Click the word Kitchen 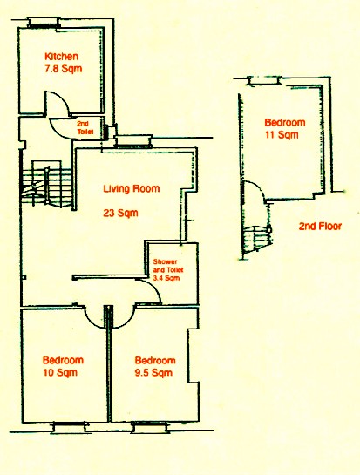62,57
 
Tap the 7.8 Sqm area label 64,69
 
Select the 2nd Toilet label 85,128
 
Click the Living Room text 132,189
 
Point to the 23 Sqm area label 120,213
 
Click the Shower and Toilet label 168,269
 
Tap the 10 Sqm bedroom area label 60,372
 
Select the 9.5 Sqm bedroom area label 153,372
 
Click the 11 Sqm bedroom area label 282,134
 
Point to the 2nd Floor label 320,227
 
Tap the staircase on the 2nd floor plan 256,240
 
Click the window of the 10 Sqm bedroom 69,427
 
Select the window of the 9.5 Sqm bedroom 149,427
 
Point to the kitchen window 44,24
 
